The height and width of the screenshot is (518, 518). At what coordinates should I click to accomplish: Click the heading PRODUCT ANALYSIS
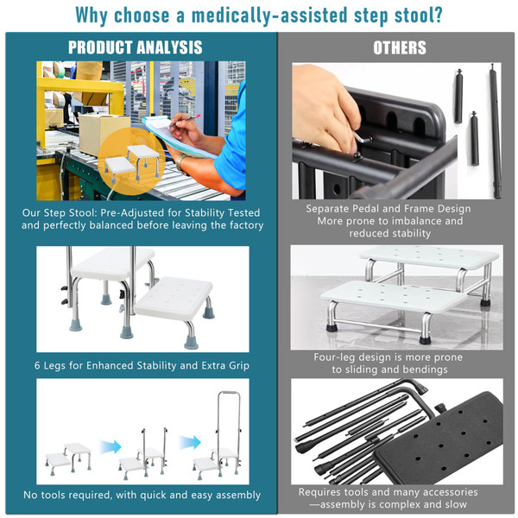coord(136,47)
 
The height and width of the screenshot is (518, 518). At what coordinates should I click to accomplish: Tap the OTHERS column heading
coord(400,47)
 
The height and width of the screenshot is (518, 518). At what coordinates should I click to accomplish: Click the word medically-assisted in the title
coord(269,16)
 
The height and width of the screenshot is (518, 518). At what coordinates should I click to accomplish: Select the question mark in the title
coord(439,15)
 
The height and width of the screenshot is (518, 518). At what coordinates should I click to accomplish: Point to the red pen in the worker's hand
coord(186,120)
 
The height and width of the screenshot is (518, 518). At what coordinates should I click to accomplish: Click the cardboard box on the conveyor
coord(103,134)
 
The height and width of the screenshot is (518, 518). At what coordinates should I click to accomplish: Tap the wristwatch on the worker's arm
coord(180,163)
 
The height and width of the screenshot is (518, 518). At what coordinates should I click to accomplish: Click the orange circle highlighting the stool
coord(131,161)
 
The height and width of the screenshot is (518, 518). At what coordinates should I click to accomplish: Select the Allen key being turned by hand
coord(362,138)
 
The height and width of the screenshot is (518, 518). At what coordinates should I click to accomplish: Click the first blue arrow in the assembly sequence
coord(111,446)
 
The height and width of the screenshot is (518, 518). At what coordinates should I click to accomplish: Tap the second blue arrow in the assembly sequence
coord(190,442)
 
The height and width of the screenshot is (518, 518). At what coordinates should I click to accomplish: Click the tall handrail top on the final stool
coord(229,394)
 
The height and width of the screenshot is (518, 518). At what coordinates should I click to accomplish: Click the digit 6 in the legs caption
coord(37,365)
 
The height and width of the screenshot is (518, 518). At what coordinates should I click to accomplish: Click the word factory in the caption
coord(246,225)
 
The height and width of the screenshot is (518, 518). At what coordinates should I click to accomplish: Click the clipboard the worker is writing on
coord(175,137)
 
